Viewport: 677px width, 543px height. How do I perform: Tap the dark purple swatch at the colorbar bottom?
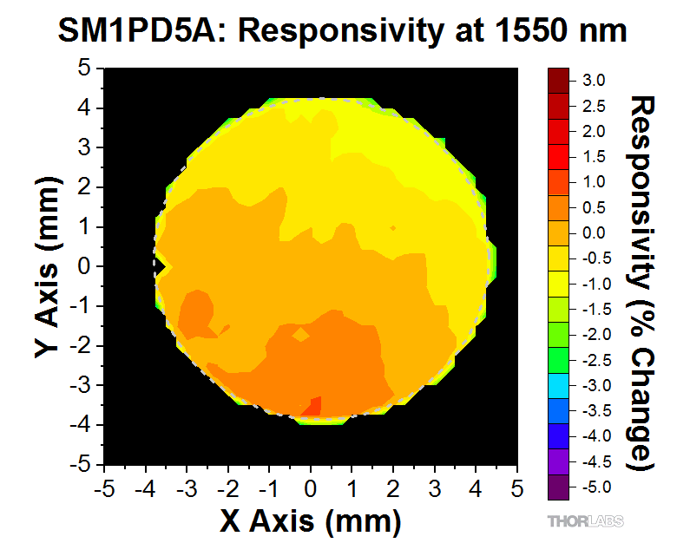pyautogui.click(x=559, y=487)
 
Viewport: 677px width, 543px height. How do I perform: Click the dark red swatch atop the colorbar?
pyautogui.click(x=559, y=80)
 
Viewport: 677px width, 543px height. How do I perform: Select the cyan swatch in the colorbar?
pyautogui.click(x=559, y=385)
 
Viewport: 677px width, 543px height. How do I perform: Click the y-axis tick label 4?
pyautogui.click(x=85, y=108)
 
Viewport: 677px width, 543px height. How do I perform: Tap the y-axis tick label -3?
pyautogui.click(x=82, y=385)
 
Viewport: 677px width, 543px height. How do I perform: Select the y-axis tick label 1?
pyautogui.click(x=85, y=226)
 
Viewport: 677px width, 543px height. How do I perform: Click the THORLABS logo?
pyautogui.click(x=586, y=521)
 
